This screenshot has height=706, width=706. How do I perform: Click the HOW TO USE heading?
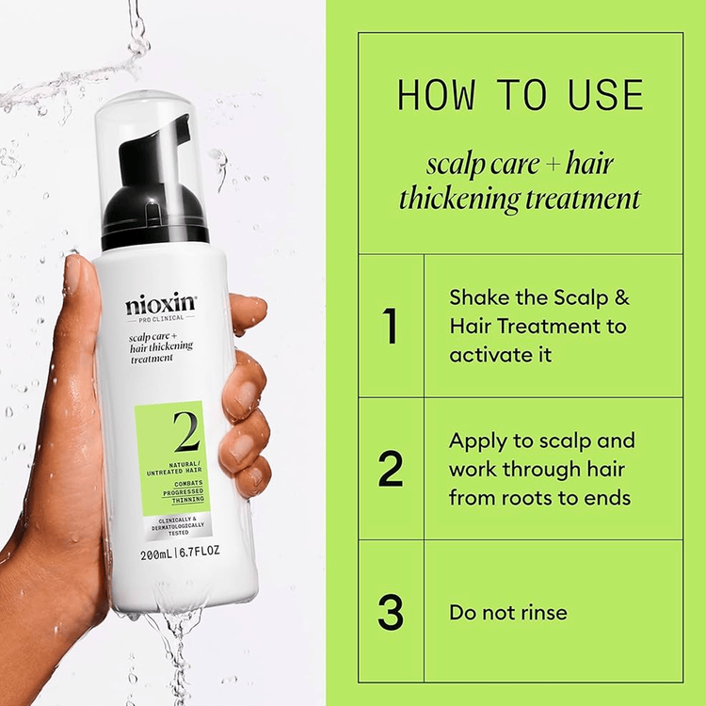point(521,96)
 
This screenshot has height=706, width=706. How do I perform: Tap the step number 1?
point(391,326)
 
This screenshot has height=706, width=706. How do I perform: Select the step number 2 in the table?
point(391,469)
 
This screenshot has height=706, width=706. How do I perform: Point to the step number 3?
point(391,612)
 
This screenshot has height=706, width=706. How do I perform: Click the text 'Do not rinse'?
point(507,613)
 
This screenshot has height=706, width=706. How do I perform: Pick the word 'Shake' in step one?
point(477,297)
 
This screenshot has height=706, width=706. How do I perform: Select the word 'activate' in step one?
point(489,355)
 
